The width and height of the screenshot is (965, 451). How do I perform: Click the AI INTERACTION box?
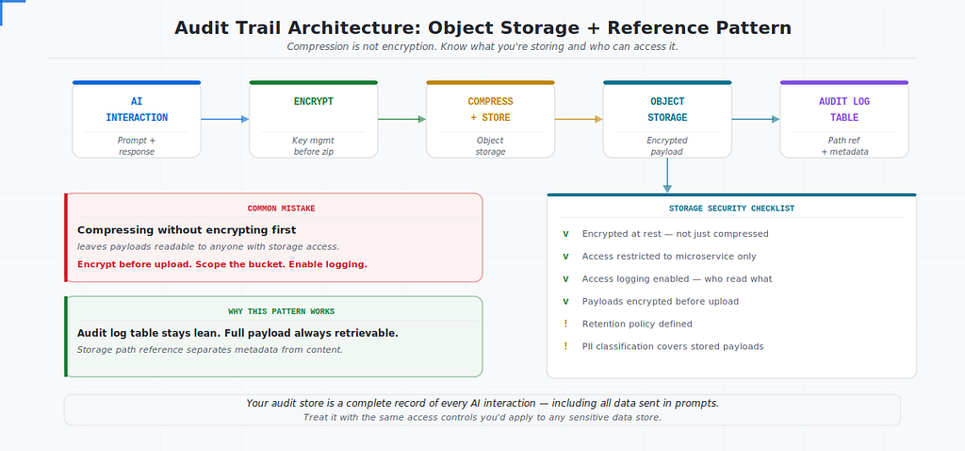(x=137, y=120)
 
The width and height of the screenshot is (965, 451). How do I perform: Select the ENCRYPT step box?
(x=313, y=120)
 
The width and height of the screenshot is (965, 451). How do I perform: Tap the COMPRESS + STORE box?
(x=490, y=120)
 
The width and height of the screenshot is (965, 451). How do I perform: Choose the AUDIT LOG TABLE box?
(x=844, y=120)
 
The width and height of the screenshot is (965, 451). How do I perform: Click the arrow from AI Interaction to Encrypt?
(x=225, y=119)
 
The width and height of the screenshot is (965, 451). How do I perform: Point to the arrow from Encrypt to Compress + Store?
(x=401, y=119)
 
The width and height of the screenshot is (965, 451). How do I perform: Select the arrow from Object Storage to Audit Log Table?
(x=756, y=119)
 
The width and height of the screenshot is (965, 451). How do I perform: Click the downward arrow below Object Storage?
(x=667, y=175)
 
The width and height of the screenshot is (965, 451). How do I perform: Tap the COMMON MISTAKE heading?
(x=281, y=209)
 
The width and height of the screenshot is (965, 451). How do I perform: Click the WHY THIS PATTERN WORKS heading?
(x=281, y=311)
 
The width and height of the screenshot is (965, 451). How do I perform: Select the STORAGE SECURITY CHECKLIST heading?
(x=731, y=209)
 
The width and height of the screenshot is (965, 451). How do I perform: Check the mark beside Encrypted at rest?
(x=565, y=234)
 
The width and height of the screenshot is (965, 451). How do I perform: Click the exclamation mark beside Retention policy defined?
(x=565, y=324)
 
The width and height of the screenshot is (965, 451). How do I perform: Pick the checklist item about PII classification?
(x=673, y=346)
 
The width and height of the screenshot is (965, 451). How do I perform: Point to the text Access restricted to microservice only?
(x=669, y=257)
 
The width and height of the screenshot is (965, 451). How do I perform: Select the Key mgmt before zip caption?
(x=313, y=146)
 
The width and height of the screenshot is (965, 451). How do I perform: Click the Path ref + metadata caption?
(x=844, y=146)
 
